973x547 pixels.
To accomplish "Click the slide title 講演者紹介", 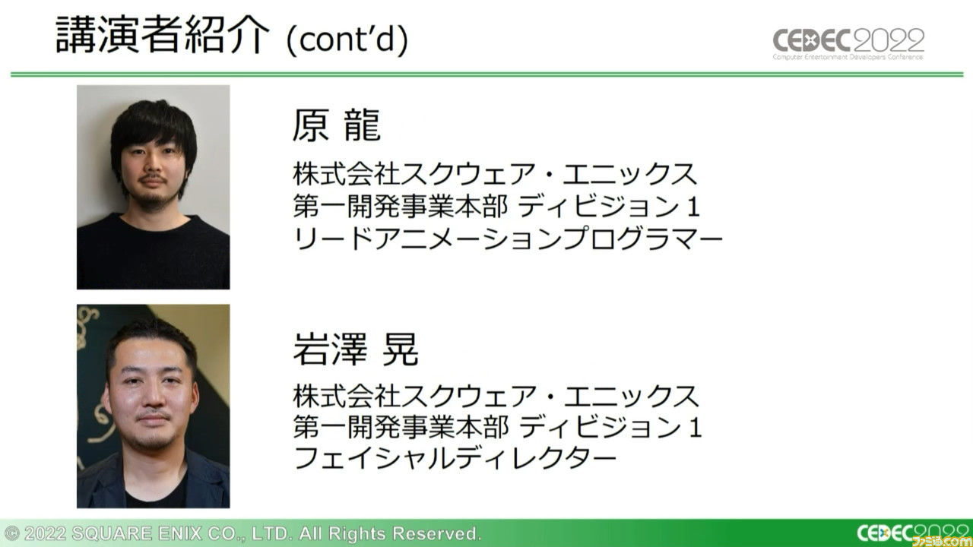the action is pos(163,35).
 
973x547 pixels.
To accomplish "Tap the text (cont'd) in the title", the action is pos(347,40).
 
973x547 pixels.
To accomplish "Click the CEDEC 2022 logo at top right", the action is pos(848,43).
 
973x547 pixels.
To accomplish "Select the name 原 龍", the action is pos(337,125).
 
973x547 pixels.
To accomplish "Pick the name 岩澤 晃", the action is pos(356,349).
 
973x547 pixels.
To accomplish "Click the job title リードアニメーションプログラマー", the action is pos(508,239).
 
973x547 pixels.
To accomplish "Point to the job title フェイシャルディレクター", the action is pos(455,457).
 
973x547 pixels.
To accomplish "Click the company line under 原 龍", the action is pos(495,174).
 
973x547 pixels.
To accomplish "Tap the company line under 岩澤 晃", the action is pos(496,396).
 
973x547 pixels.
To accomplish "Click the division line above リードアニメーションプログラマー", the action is pos(496,206).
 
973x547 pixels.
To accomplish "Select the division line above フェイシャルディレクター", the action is pos(497,427).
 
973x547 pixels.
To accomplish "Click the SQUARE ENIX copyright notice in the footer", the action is pos(242,533).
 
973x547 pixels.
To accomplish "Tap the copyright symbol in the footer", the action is pos(12,533).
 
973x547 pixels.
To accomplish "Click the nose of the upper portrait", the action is pos(153,165).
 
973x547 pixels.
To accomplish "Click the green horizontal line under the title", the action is pos(486,74).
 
